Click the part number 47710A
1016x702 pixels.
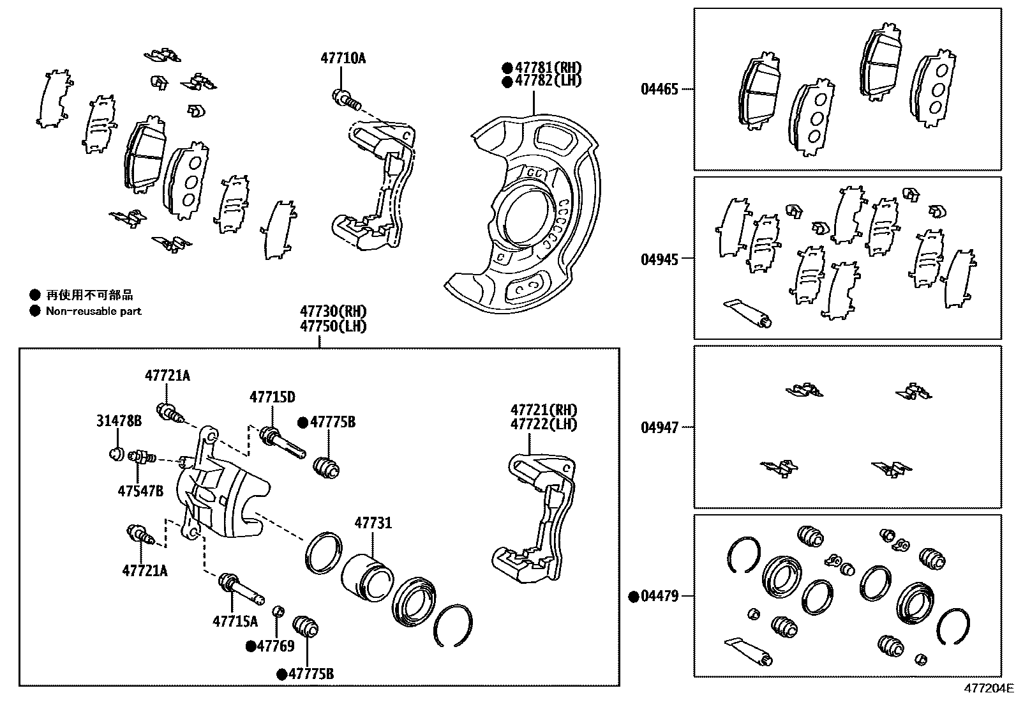pyautogui.click(x=343, y=59)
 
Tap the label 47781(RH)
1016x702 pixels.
pyautogui.click(x=548, y=68)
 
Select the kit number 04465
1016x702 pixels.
pyautogui.click(x=659, y=89)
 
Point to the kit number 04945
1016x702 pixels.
pyautogui.click(x=659, y=259)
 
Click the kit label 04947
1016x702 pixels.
pyautogui.click(x=659, y=427)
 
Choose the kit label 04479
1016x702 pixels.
pyautogui.click(x=659, y=597)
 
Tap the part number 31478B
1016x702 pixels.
pyautogui.click(x=119, y=420)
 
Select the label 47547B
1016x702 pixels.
pyautogui.click(x=140, y=491)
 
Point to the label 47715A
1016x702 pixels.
pyautogui.click(x=235, y=621)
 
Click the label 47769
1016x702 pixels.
pyautogui.click(x=276, y=646)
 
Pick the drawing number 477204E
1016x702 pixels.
pyautogui.click(x=988, y=689)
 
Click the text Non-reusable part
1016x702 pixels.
pyautogui.click(x=93, y=311)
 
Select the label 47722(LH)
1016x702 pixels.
pyautogui.click(x=543, y=424)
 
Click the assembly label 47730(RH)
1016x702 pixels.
pyautogui.click(x=334, y=312)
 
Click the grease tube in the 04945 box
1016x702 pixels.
pyautogui.click(x=748, y=312)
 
